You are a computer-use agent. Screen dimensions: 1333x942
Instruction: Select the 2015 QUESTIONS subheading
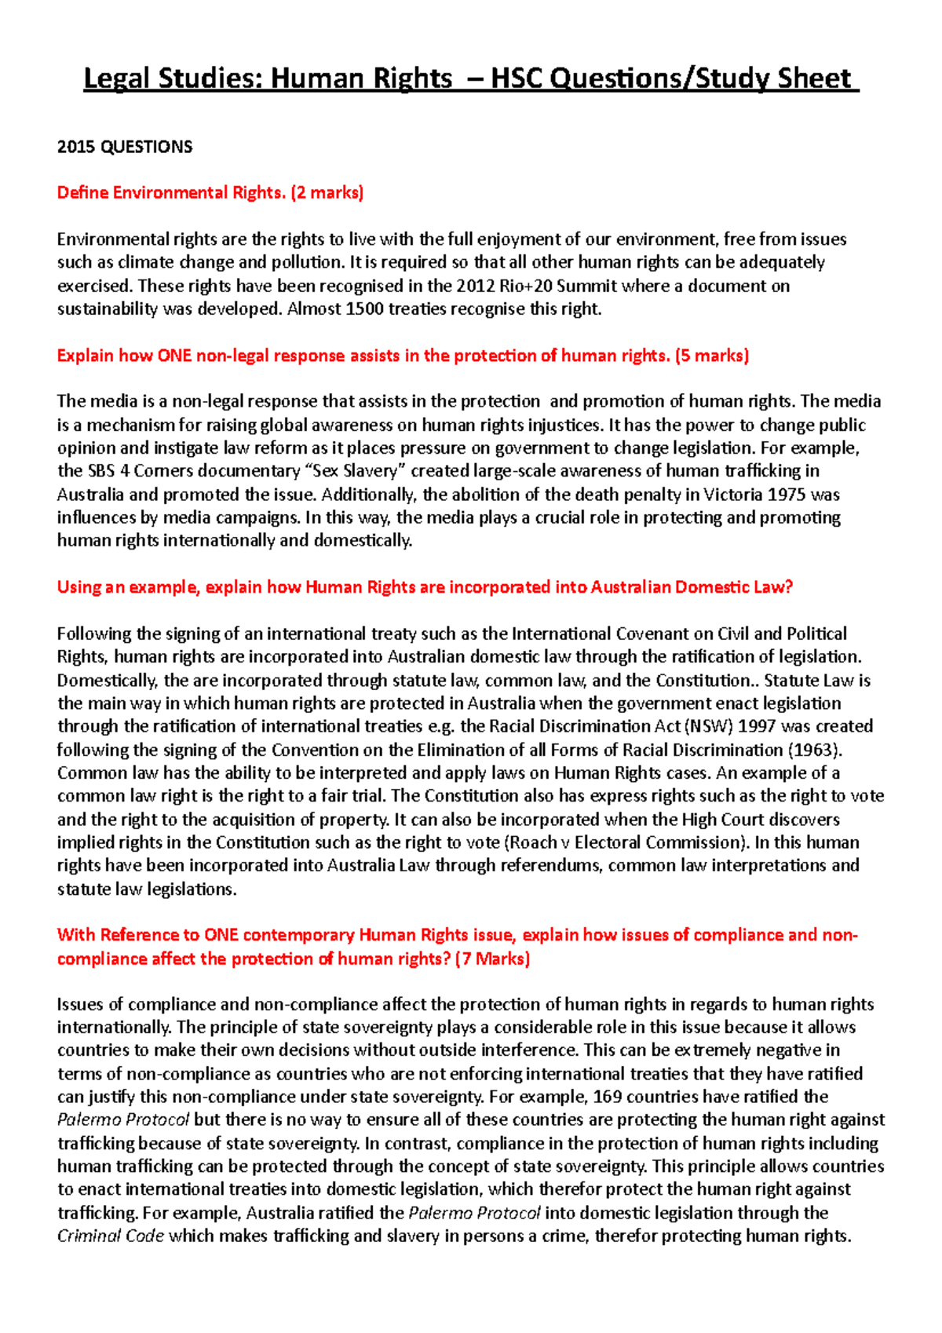coord(125,147)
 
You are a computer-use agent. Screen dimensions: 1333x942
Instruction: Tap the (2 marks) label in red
coord(327,192)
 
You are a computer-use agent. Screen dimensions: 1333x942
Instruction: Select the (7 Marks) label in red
coord(492,959)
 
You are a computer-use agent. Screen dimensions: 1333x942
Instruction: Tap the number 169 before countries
coord(608,1097)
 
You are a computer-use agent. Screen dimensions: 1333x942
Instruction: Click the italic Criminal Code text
coord(111,1236)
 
